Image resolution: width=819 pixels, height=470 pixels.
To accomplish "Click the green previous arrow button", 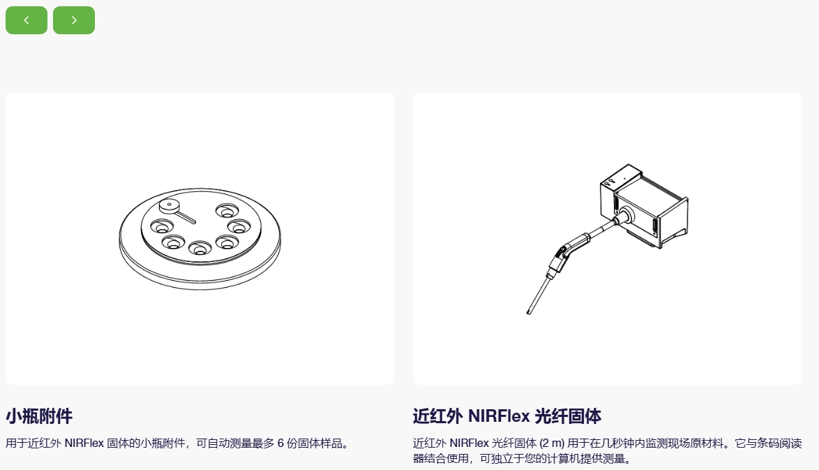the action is pyautogui.click(x=27, y=20).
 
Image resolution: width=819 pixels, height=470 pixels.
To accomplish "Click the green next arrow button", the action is pyautogui.click(x=74, y=20).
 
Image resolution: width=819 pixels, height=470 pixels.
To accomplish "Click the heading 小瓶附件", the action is pyautogui.click(x=39, y=416).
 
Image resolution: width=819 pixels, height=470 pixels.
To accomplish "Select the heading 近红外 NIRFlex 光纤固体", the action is pyautogui.click(x=506, y=416).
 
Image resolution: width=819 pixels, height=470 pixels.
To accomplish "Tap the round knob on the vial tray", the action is pyautogui.click(x=170, y=205).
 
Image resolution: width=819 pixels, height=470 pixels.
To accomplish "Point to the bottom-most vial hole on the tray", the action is pyautogui.click(x=200, y=248).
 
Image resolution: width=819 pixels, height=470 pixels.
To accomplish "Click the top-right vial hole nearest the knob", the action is pyautogui.click(x=227, y=211).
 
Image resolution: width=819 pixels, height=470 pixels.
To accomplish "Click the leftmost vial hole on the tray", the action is pyautogui.click(x=162, y=226).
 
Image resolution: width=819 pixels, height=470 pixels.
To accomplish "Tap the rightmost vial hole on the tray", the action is pyautogui.click(x=239, y=226).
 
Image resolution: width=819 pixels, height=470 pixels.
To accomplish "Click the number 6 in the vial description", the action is pyautogui.click(x=280, y=443).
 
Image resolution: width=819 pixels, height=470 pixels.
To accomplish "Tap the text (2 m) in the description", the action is pyautogui.click(x=552, y=443).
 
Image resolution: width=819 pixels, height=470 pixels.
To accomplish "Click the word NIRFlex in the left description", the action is pyautogui.click(x=84, y=443).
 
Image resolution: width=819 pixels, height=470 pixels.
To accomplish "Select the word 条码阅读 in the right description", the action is pyautogui.click(x=780, y=443).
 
